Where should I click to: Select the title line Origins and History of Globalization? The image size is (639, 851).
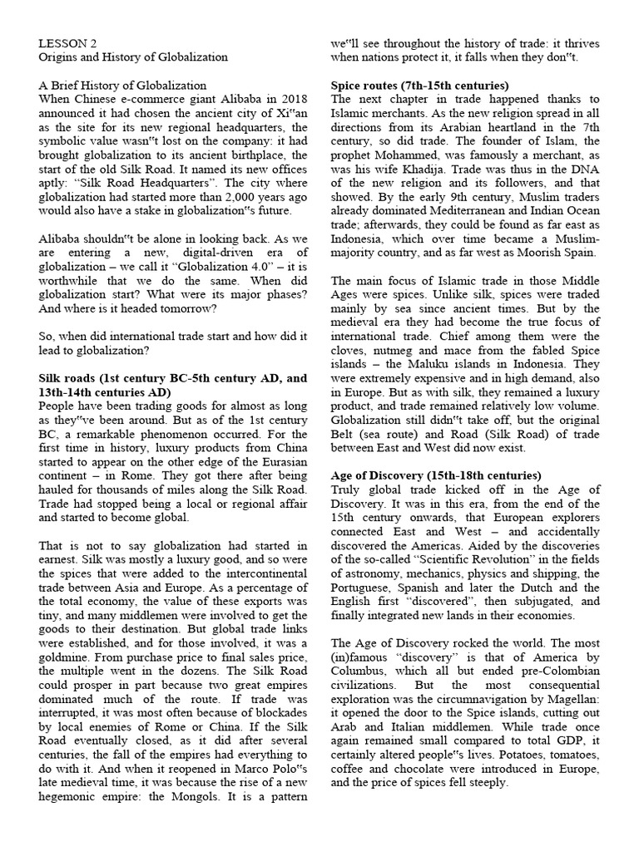pos(133,57)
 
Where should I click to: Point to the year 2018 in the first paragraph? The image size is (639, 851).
pos(291,99)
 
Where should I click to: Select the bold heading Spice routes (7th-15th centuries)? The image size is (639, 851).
pos(420,85)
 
